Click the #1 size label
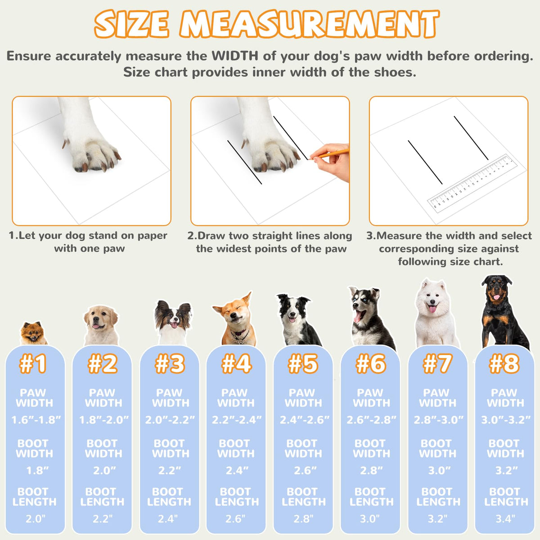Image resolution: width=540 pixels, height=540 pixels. [32, 364]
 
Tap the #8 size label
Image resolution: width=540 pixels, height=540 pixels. [504, 364]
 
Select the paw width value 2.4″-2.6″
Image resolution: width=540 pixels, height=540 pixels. [304, 420]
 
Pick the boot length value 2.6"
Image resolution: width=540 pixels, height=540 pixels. [235, 519]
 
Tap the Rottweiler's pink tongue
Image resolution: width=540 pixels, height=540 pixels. [496, 297]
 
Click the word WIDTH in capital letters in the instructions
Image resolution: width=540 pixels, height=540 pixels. [235, 56]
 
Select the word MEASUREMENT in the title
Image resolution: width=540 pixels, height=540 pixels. [310, 24]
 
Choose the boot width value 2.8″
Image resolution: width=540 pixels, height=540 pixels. [371, 470]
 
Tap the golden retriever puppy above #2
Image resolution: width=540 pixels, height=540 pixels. [101, 325]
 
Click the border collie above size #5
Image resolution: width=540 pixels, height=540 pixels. [298, 319]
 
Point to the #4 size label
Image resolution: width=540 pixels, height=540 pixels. [236, 364]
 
